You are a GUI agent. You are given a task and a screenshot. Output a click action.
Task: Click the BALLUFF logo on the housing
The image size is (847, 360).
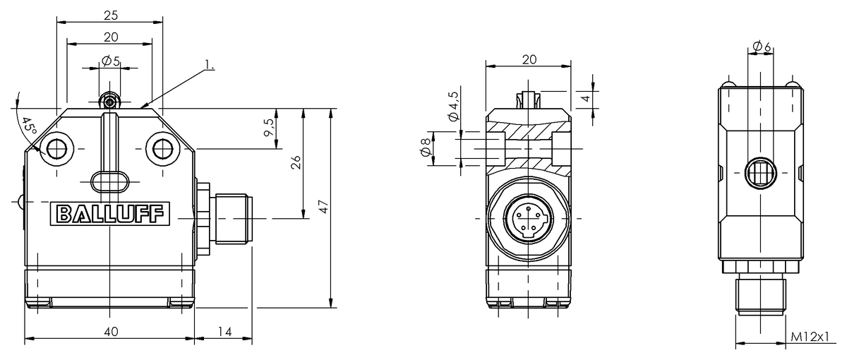[x=110, y=214]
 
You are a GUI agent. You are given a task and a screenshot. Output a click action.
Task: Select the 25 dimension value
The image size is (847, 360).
[x=111, y=15]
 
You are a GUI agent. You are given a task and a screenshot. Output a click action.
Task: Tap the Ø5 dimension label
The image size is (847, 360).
[x=111, y=61]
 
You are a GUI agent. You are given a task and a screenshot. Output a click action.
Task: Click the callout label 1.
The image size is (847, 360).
[x=210, y=65]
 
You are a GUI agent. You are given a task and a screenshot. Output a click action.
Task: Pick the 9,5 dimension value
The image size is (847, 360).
[x=269, y=127]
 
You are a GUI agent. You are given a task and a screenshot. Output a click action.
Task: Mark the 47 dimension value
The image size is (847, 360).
[x=323, y=206]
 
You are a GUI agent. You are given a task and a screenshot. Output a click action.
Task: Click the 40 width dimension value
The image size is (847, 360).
[x=111, y=332]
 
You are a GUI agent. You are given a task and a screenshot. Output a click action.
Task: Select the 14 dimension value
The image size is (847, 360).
[x=224, y=332]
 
